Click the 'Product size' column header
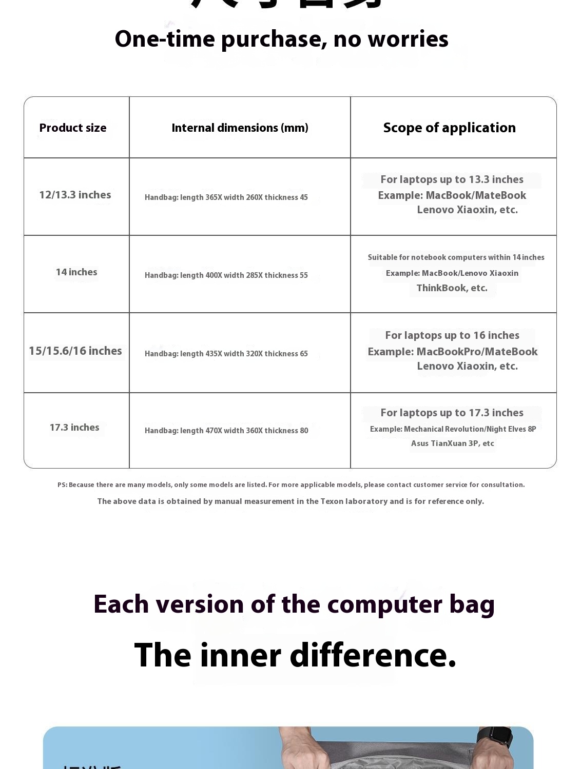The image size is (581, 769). pyautogui.click(x=73, y=128)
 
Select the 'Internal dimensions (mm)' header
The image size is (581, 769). pyautogui.click(x=240, y=128)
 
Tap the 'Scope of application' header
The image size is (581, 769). pyautogui.click(x=449, y=128)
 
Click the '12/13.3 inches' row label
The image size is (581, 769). pyautogui.click(x=75, y=195)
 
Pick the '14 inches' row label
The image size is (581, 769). pyautogui.click(x=76, y=272)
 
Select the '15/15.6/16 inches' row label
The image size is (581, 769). pyautogui.click(x=75, y=351)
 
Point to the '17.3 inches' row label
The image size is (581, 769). pyautogui.click(x=74, y=428)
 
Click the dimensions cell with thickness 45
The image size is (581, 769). pyautogui.click(x=226, y=197)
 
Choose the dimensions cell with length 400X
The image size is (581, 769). pyautogui.click(x=226, y=275)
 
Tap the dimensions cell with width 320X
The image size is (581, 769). pyautogui.click(x=226, y=354)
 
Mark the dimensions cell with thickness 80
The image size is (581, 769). pyautogui.click(x=226, y=431)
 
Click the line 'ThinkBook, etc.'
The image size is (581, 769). pyautogui.click(x=452, y=288)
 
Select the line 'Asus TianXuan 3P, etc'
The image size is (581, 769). pyautogui.click(x=452, y=443)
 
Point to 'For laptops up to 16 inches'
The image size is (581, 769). pyautogui.click(x=452, y=335)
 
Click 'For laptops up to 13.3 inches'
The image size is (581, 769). pyautogui.click(x=452, y=179)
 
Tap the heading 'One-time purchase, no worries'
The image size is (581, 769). pyautogui.click(x=281, y=39)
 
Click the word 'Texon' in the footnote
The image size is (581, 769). pyautogui.click(x=332, y=501)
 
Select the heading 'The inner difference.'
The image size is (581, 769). pyautogui.click(x=295, y=655)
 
